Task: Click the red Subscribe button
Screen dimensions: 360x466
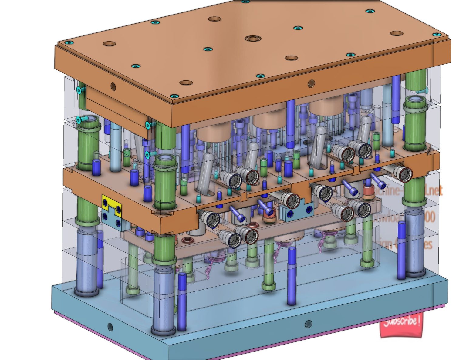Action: coord(401,325)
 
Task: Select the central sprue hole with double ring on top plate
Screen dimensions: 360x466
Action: coord(253,39)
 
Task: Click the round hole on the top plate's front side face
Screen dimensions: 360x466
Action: coord(311,83)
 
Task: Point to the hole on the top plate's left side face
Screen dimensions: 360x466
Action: coord(113,86)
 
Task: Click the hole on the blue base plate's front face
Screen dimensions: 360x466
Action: coord(308,324)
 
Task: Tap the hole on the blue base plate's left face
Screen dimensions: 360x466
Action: coord(110,327)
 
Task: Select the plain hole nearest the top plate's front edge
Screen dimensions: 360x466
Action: coord(186,82)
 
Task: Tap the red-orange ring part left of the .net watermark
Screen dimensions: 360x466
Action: coord(368,193)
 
